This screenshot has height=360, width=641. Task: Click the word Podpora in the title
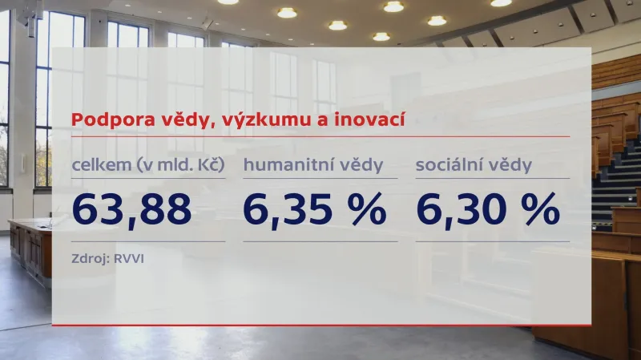tap(103, 120)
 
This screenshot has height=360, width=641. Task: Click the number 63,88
tap(131, 209)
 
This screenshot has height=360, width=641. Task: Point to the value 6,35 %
tap(315, 209)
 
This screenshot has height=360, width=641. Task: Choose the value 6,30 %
tap(487, 209)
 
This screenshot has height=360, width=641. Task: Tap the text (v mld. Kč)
tap(177, 166)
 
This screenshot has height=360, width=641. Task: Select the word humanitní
tap(289, 166)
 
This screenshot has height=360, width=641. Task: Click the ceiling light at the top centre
tap(393, 6)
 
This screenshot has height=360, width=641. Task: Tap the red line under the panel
tap(320, 325)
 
